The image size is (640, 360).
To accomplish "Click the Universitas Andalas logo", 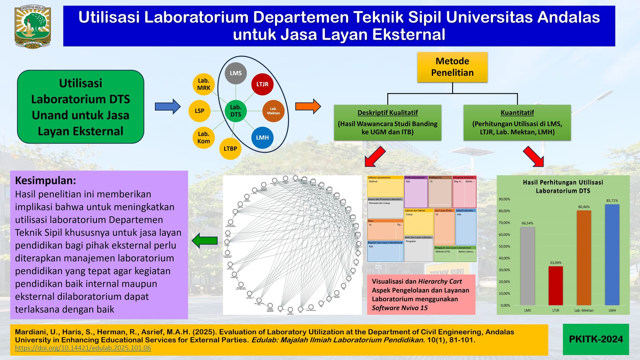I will [32, 27].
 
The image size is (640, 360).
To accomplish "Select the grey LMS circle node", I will [236, 73].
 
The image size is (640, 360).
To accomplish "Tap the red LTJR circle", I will [262, 84].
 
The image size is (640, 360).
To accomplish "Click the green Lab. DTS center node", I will [236, 111].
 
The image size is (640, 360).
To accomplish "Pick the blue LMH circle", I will [262, 137].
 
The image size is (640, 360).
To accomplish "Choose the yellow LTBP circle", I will [230, 149].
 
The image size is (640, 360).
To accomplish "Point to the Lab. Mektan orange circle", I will [273, 111].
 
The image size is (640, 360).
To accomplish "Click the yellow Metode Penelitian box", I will [452, 67].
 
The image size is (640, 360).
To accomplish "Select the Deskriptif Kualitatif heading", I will [387, 112].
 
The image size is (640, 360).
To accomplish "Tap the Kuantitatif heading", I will [517, 112].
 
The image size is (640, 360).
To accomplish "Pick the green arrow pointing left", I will [205, 241].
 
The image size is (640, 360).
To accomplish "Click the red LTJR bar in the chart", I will [556, 286].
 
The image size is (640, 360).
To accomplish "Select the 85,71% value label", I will [612, 201].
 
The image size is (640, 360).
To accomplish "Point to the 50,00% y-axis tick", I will [505, 246].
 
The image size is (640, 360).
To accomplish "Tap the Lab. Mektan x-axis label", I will [584, 310].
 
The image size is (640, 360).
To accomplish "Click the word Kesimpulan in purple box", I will [45, 181].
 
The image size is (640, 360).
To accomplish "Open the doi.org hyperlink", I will [83, 348].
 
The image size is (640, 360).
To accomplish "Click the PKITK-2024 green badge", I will [596, 339].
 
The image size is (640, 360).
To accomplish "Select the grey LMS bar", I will [527, 266].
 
